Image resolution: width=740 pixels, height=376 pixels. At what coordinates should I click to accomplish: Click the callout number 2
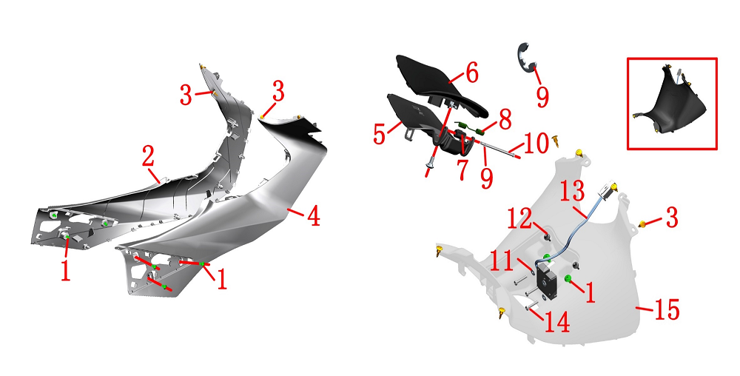pos(148,157)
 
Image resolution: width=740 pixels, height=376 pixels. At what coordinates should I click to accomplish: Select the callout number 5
pos(380,134)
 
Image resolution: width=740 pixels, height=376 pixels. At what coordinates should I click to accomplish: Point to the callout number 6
pos(471,73)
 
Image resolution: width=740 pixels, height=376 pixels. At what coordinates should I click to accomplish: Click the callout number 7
pos(462,169)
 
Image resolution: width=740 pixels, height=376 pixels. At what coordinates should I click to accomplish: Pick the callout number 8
pos(505,120)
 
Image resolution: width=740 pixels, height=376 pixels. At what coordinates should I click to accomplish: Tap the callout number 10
pos(536,144)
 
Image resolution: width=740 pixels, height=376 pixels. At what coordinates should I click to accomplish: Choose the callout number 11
pos(502,261)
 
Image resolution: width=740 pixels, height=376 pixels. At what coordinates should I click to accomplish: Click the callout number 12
pos(519,219)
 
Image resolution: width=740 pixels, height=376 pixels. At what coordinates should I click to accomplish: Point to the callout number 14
pos(557,322)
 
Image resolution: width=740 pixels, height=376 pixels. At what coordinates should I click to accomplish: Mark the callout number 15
pos(667,309)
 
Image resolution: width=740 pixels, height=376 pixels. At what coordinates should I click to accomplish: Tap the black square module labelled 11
pos(548,281)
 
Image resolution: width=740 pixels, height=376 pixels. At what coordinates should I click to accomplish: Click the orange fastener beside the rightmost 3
pos(642,224)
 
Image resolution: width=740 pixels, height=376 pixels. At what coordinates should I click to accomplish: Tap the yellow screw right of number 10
pos(556,141)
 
